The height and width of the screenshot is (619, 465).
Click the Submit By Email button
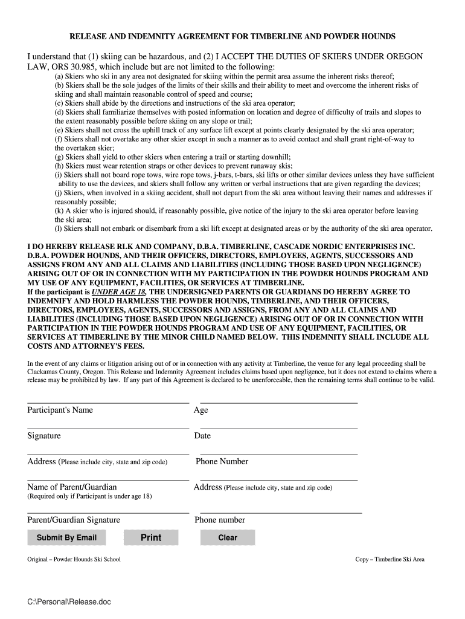66,537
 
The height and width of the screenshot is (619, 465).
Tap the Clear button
228,537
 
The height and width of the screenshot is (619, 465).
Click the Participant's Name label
60,410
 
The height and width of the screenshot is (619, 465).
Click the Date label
202,436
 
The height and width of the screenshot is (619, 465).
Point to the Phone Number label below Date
222,462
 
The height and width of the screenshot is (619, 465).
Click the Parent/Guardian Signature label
74,520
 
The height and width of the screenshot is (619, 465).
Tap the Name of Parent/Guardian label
72,487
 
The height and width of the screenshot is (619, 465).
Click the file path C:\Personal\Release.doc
69,602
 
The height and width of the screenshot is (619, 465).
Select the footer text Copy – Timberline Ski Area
390,559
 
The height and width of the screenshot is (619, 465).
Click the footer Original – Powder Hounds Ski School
74,559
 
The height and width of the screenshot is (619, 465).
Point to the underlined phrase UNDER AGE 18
117,291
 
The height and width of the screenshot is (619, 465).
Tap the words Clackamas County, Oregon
68,372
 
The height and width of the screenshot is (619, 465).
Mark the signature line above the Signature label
108,428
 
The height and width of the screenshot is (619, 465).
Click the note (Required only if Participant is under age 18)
89,496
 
